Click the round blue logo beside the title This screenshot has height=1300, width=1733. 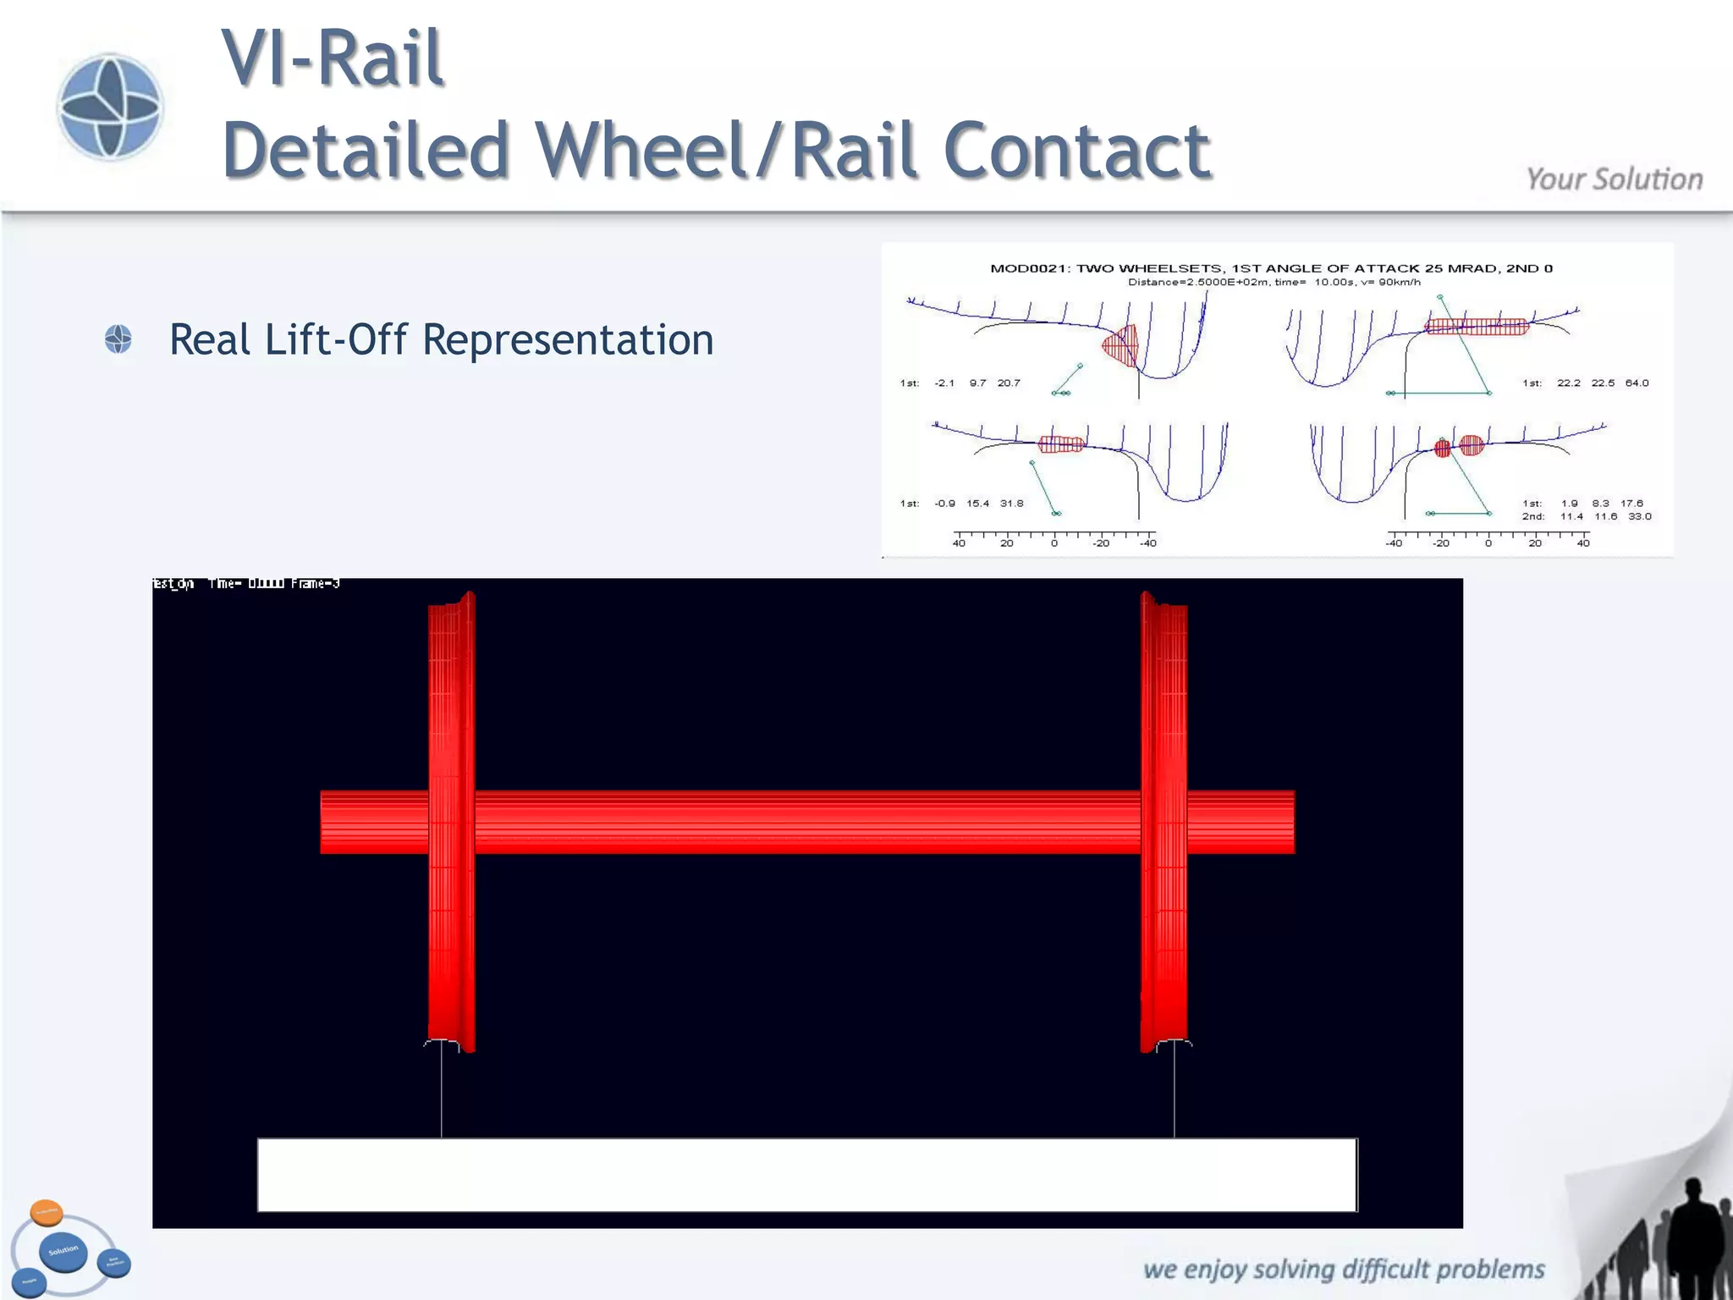(x=109, y=107)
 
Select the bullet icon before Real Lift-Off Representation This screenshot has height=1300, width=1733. (x=118, y=339)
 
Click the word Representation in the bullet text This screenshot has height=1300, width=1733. (x=568, y=339)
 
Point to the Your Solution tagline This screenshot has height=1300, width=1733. (x=1614, y=179)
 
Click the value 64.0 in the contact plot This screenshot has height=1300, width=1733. (x=1637, y=383)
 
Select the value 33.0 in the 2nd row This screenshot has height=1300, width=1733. (x=1639, y=516)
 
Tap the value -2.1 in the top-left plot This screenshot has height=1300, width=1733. (x=944, y=383)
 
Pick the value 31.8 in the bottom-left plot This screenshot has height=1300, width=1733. (x=1011, y=504)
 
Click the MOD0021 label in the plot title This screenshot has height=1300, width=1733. (x=1028, y=268)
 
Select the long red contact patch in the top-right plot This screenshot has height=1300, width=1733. (x=1477, y=327)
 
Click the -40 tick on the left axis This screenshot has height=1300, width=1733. (x=1147, y=543)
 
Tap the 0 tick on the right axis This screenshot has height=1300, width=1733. (x=1488, y=543)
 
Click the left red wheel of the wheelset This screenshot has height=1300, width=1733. (x=451, y=821)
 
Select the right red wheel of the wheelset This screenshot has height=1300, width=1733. (x=1164, y=821)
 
